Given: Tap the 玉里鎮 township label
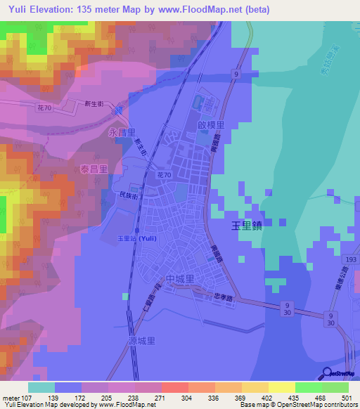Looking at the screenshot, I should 247,226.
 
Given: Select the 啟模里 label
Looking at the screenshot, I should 211,126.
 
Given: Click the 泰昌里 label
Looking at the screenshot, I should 93,169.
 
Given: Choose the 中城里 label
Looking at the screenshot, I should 179,279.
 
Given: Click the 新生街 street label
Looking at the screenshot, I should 94,103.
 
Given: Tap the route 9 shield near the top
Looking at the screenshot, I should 238,74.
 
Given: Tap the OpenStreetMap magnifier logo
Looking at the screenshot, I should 326,372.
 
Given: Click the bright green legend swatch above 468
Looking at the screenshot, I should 308,387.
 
